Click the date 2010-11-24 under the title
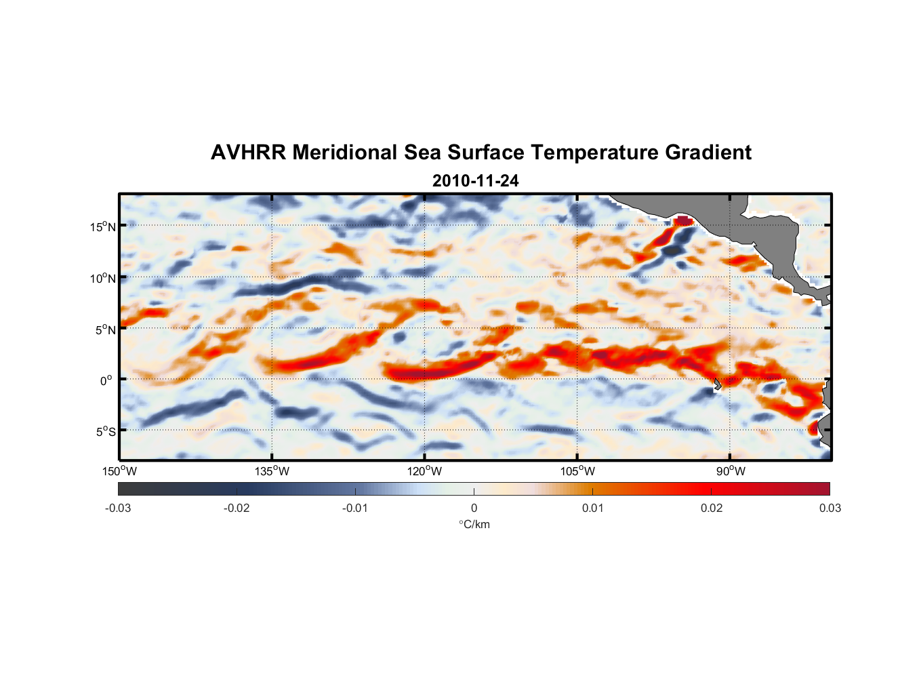click(x=475, y=181)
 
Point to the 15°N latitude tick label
click(x=103, y=226)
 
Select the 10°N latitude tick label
click(x=103, y=278)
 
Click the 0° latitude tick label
click(x=106, y=380)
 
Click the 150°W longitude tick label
click(x=119, y=471)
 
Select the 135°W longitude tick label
click(x=272, y=471)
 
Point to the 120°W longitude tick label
click(x=424, y=471)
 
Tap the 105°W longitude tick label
click(x=577, y=471)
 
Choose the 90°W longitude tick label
click(x=731, y=471)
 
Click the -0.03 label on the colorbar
click(x=118, y=508)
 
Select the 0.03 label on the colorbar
click(x=830, y=508)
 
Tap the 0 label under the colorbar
click(x=474, y=508)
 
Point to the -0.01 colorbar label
click(x=355, y=508)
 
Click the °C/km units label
click(x=474, y=524)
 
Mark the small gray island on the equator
click(x=717, y=384)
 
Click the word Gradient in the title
click(x=708, y=153)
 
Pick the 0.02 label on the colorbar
click(x=712, y=508)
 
